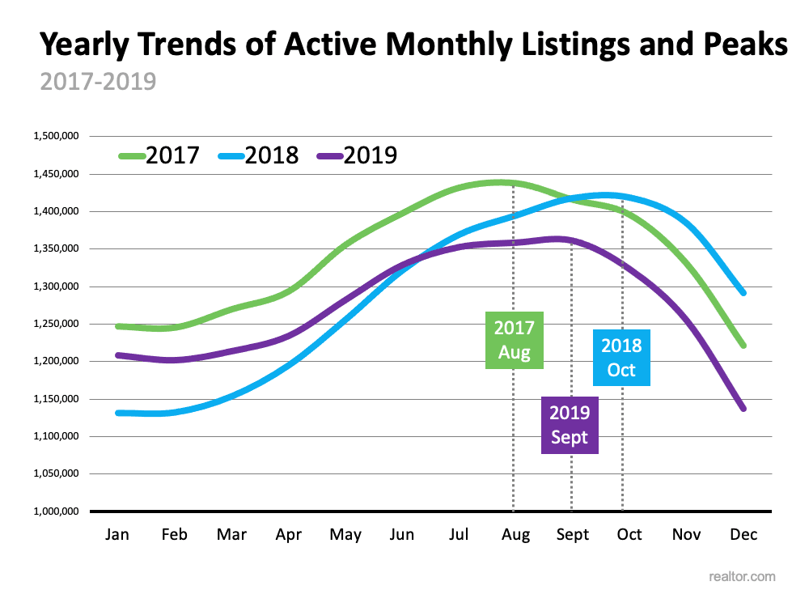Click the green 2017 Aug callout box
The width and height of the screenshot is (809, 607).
coord(515,340)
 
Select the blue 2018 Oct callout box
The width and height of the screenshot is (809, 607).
coord(621,358)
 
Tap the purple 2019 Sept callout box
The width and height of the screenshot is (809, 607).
coord(570,425)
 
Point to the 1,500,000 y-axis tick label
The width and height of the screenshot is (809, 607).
coord(55,136)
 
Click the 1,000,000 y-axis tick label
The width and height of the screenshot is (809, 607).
coord(55,511)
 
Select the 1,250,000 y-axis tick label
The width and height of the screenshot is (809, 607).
coord(55,324)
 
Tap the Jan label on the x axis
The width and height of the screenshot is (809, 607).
coord(118,535)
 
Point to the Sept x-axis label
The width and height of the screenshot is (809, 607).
coord(572,535)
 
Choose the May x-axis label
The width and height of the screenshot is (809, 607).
coord(345,535)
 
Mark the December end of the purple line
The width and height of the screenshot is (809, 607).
coord(743,409)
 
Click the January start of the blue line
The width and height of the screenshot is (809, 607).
coord(119,413)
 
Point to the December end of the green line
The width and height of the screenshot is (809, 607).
coord(743,346)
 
